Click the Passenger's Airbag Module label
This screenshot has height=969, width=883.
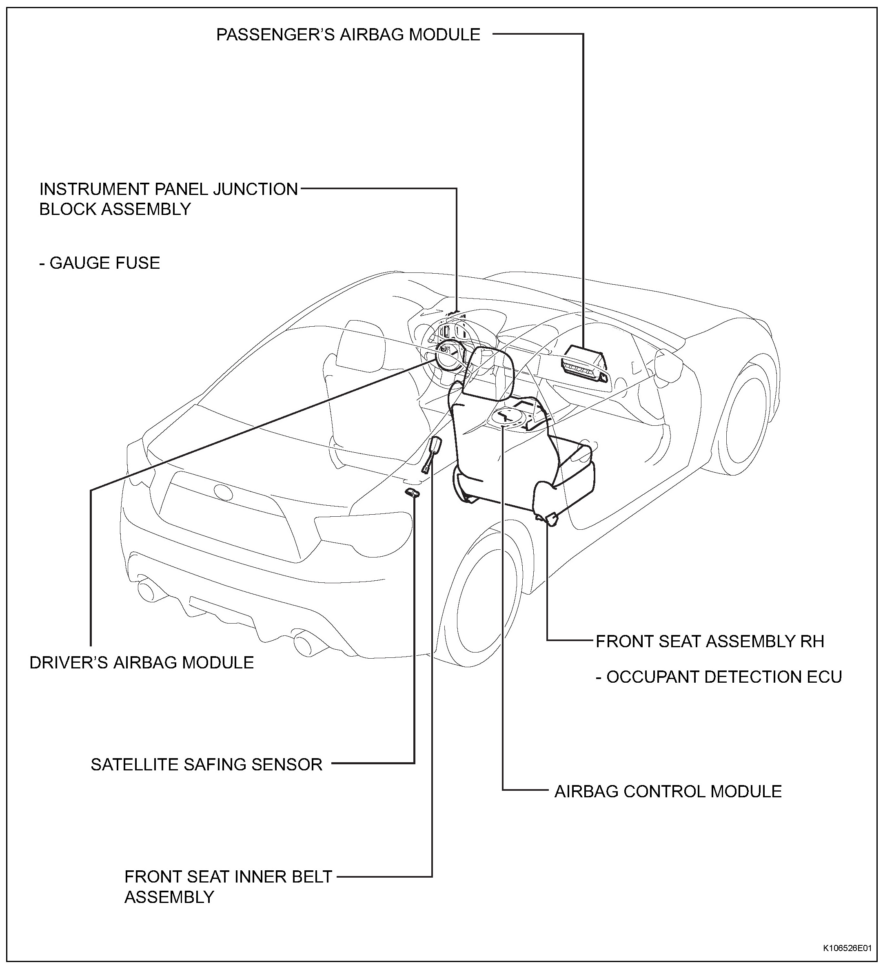click(x=348, y=35)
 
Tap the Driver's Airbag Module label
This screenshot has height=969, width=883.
click(x=142, y=662)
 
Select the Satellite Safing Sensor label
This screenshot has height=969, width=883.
click(x=206, y=764)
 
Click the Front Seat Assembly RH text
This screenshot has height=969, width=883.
click(x=710, y=641)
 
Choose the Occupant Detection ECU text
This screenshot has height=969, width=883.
click(x=719, y=677)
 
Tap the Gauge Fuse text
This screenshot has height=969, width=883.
click(x=100, y=263)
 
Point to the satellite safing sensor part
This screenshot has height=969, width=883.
click(x=412, y=492)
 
